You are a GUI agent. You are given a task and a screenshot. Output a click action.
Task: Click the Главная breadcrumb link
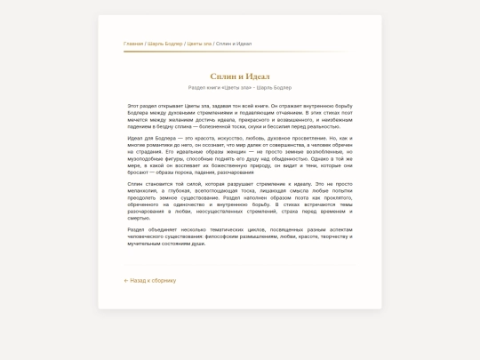click(x=133, y=44)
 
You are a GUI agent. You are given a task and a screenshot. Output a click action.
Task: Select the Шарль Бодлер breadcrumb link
click(x=165, y=44)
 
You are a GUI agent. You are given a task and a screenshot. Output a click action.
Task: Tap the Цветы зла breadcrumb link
click(x=199, y=44)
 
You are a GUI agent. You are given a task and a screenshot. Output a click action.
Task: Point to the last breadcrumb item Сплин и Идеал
click(x=234, y=44)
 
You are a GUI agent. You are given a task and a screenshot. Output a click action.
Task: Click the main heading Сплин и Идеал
click(x=240, y=76)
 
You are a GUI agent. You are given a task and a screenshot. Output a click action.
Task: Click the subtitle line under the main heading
click(x=240, y=88)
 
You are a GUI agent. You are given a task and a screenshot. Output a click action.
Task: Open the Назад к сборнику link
click(x=153, y=281)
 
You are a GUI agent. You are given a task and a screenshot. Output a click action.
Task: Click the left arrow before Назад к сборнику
click(x=126, y=281)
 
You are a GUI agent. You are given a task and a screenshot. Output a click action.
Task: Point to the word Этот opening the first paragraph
click(x=133, y=106)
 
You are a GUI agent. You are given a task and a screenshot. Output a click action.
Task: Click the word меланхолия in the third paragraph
click(x=143, y=191)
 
